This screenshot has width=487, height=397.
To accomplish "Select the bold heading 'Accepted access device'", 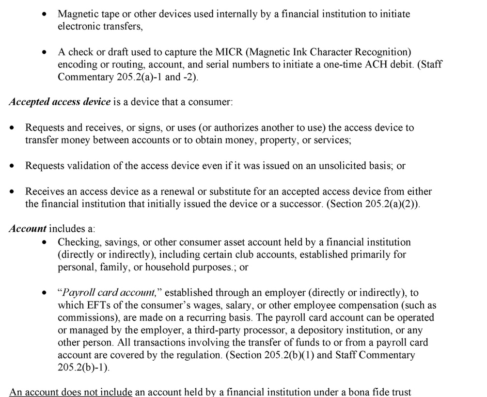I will coord(59,102).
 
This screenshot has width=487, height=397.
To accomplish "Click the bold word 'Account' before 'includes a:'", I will coord(27,229).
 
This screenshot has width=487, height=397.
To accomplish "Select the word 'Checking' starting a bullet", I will coord(77,241).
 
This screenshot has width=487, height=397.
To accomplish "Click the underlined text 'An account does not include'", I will coord(71,392).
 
